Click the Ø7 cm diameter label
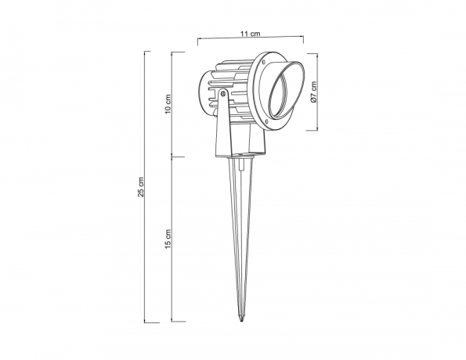tap(313, 93)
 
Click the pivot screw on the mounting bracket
tap(223, 94)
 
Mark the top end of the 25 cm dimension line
tap(147, 51)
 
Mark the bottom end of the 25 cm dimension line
tap(147, 322)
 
